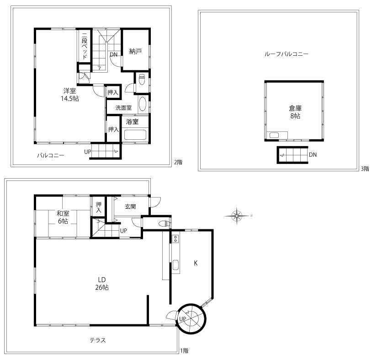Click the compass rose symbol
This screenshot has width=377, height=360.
237,216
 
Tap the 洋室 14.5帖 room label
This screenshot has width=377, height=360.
70,95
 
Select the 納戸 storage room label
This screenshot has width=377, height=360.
135,52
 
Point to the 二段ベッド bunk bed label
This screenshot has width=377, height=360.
85,46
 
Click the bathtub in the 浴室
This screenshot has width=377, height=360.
135,135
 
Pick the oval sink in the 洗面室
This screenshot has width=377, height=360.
143,104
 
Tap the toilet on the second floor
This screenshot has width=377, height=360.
142,79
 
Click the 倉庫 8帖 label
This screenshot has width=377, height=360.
295,112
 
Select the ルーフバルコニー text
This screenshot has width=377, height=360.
287,54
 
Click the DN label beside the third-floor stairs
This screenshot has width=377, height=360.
313,155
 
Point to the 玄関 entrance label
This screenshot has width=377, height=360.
131,206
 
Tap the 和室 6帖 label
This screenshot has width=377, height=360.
63,217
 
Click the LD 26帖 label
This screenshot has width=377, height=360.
102,284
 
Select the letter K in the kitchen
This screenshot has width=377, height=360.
196,263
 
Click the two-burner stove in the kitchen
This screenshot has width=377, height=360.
176,238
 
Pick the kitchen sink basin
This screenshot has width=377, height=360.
176,265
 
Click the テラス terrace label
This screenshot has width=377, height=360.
98,340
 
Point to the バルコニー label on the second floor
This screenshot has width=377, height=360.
51,155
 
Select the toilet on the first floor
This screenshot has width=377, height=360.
164,224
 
